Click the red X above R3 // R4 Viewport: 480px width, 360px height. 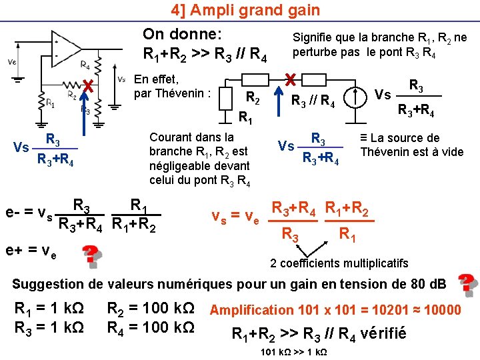(290, 79)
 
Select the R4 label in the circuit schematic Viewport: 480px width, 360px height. (85, 65)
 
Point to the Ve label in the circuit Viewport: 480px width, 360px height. (12, 62)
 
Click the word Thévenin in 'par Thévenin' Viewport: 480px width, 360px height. (181, 93)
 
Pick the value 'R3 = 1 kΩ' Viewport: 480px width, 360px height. (49, 328)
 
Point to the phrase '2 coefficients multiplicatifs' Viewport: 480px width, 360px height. (339, 262)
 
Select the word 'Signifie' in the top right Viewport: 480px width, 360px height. (313, 38)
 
